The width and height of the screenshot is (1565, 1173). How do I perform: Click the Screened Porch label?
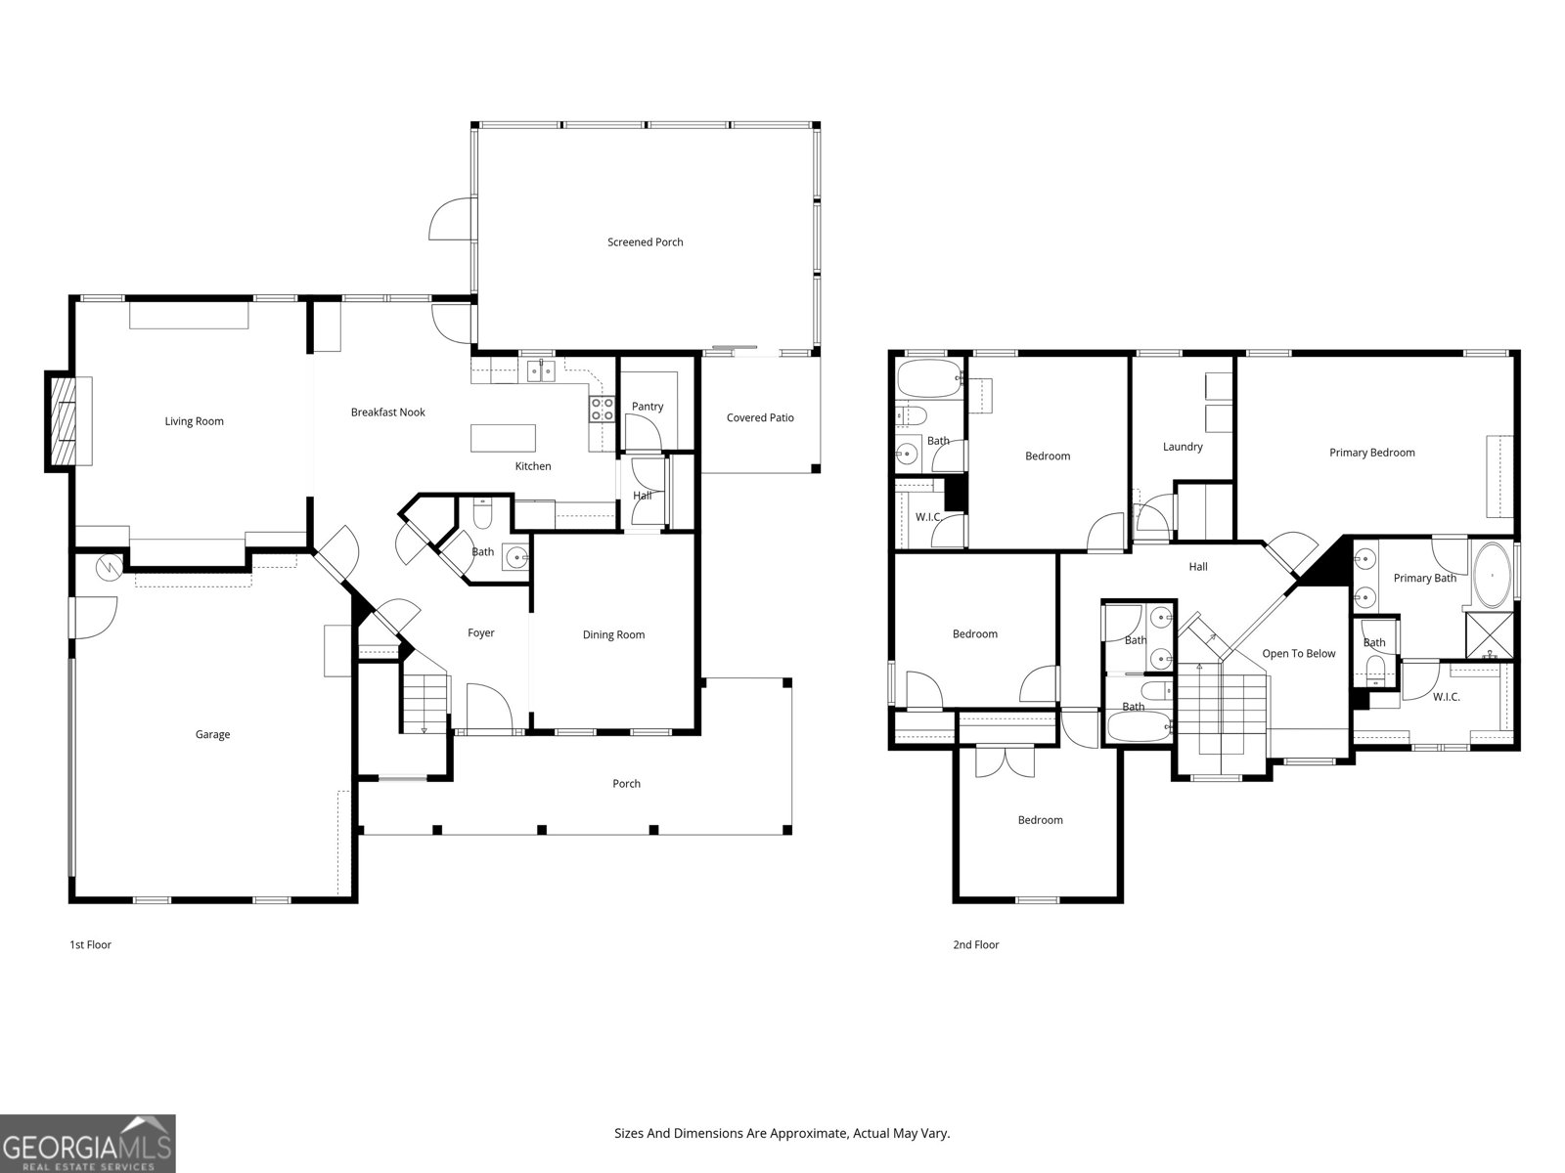[645, 242]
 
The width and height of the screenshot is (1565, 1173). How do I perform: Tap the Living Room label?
[194, 421]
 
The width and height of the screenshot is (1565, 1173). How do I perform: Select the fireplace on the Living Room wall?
[65, 422]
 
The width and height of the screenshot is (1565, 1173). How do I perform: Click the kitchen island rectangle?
[504, 437]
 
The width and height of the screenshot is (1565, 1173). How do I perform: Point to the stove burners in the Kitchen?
[602, 409]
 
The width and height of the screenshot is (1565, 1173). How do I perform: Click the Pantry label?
[648, 407]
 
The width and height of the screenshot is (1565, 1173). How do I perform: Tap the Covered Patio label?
[760, 417]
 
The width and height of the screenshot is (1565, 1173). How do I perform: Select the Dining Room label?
[613, 635]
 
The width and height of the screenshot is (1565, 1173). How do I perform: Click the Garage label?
[212, 735]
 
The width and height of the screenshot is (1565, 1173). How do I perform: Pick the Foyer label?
[480, 633]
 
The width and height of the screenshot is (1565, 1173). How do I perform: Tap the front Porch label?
[626, 784]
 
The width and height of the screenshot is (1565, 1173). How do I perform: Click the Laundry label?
[1183, 447]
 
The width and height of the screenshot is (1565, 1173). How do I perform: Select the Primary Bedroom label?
[1371, 453]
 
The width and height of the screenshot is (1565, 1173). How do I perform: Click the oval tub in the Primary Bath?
[1492, 576]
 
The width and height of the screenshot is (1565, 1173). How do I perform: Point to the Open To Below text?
[1298, 654]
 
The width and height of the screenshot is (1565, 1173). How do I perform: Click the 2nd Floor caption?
[975, 945]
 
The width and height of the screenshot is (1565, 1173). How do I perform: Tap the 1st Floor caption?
[90, 945]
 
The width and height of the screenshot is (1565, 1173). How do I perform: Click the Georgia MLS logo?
[87, 1144]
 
